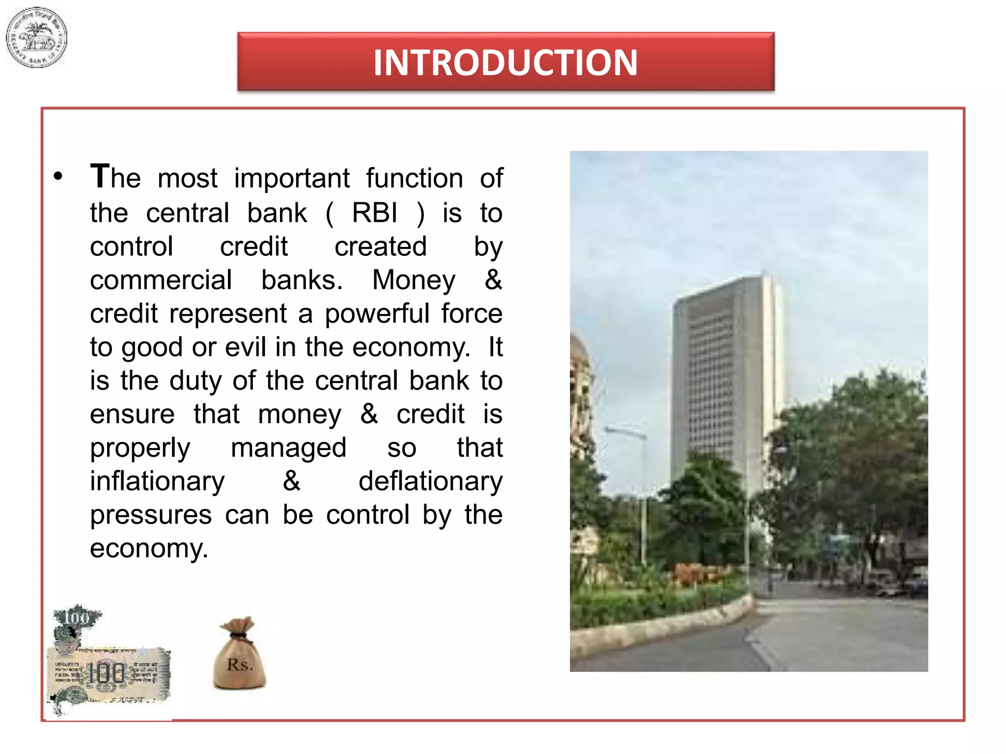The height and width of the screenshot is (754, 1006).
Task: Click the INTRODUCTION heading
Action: point(505,62)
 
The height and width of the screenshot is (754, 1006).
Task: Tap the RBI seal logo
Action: point(36,38)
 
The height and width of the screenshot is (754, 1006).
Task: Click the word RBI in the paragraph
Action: point(374,213)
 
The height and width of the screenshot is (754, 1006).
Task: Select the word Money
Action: point(414,280)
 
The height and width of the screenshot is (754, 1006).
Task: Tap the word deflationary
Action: point(430,481)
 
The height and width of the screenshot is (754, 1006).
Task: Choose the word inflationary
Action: point(157,481)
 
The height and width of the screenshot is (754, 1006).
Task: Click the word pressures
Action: point(151,515)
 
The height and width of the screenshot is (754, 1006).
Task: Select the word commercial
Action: point(161,280)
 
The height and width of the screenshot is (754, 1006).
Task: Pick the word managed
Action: point(288,448)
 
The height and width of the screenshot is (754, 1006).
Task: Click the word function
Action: point(414,178)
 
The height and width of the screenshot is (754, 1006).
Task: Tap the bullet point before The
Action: point(58,176)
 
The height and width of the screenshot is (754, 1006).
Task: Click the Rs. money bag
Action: point(239,654)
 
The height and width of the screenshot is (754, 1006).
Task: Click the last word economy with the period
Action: point(149,548)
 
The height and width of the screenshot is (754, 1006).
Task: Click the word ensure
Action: point(132,414)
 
